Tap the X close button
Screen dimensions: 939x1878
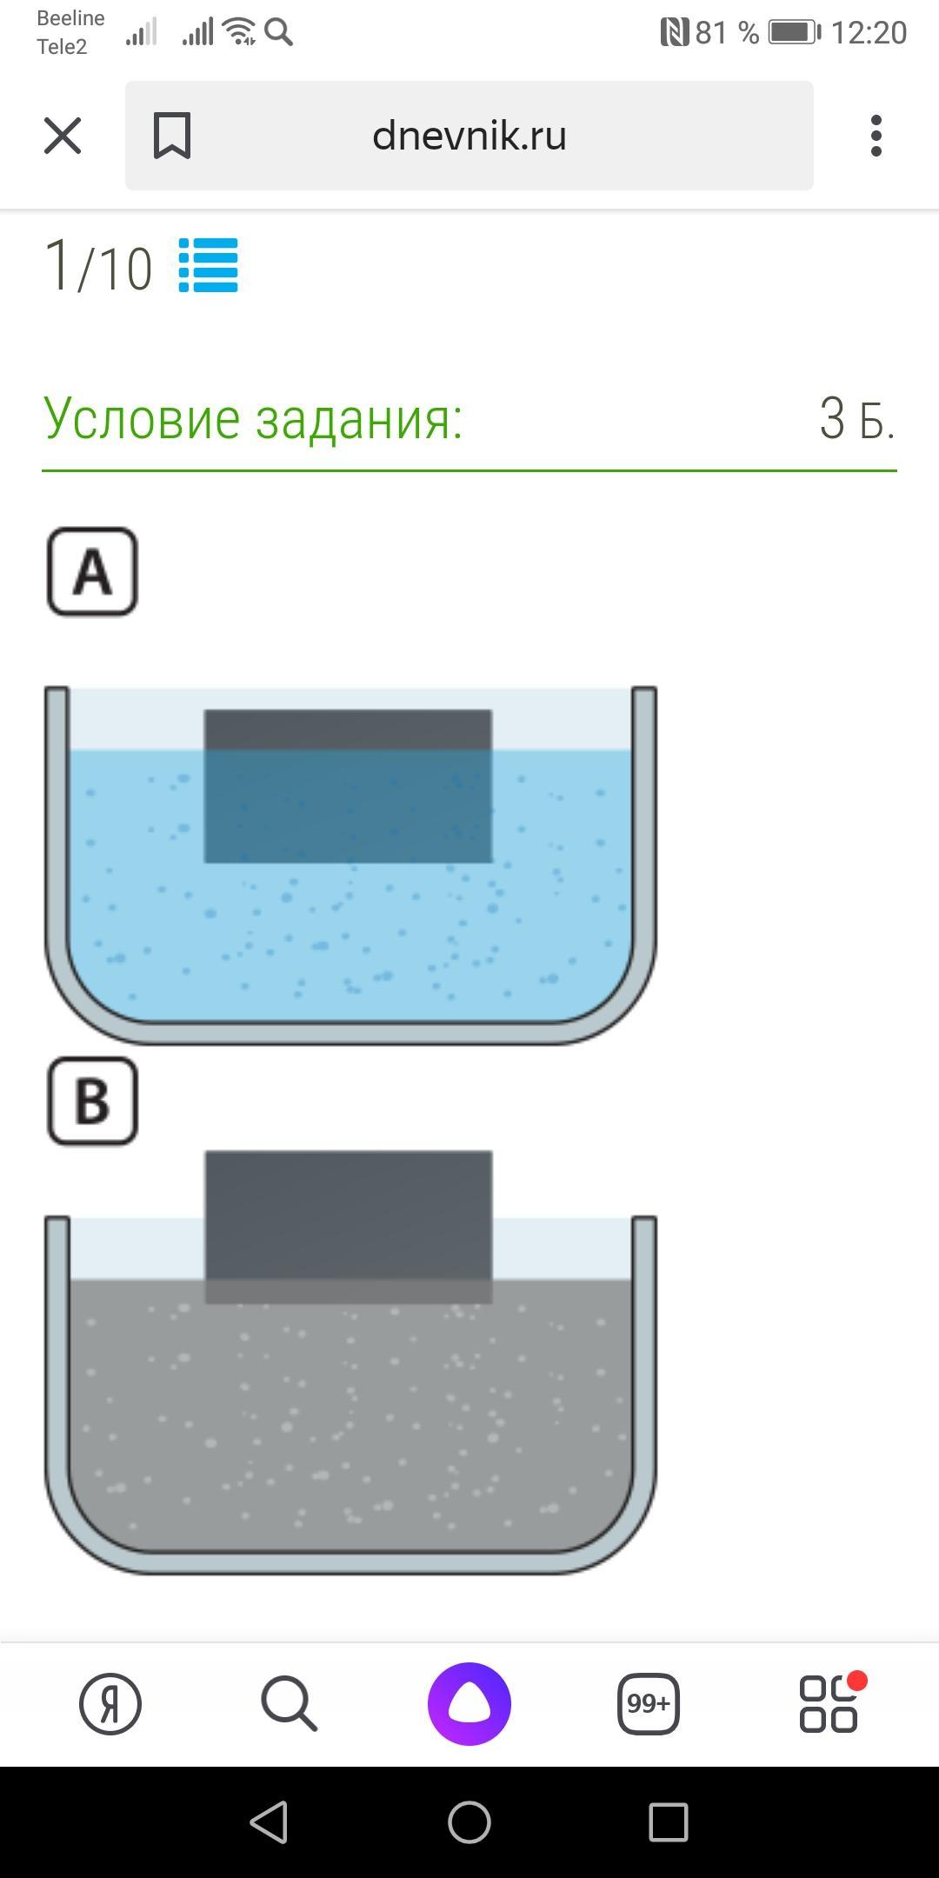63,137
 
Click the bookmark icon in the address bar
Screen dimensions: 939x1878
172,137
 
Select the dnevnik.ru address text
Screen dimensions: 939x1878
469,136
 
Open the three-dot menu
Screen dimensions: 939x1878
876,137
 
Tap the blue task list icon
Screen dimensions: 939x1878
209,266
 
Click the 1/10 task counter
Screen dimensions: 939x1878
97,266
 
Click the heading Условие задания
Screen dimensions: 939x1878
253,419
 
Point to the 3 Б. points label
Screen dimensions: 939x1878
856,419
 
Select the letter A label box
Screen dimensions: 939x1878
92,572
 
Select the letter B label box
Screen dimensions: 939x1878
92,1101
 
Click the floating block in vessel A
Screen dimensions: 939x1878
348,786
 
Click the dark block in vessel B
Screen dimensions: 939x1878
348,1226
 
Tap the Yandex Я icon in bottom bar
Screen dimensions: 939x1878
110,1703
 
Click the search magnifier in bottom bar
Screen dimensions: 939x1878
289,1703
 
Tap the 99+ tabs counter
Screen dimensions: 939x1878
648,1703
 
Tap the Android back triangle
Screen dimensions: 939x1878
270,1821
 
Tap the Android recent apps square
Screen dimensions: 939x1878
669,1821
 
